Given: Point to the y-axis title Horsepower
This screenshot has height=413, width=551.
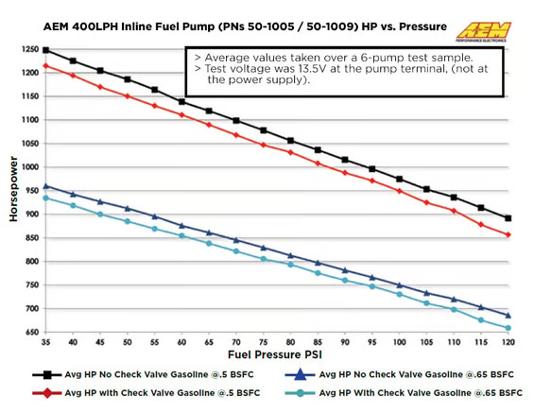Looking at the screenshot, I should click(13, 190).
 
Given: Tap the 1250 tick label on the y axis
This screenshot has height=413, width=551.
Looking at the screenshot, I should click(26, 49).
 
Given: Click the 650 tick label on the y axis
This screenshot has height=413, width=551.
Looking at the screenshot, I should click(27, 332).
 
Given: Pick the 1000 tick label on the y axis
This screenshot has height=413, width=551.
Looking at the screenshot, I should click(26, 167).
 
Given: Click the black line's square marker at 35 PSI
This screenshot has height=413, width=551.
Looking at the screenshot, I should click(45, 50).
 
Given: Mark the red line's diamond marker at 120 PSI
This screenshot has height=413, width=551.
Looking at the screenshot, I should click(508, 234).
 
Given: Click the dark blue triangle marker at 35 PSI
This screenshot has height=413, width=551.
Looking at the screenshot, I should click(45, 186).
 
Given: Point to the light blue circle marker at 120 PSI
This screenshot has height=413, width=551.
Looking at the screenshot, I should click(508, 328).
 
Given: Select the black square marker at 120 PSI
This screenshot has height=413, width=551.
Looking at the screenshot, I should click(508, 218).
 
